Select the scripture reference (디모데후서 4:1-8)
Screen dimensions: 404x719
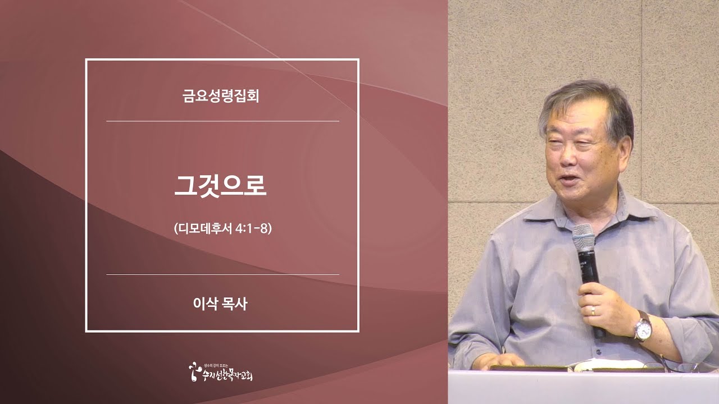222,229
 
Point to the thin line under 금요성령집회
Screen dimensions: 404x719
222,121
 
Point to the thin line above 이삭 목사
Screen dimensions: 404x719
222,274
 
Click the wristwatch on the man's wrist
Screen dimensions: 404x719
641,328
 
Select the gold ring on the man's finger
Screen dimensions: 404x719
593,310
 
